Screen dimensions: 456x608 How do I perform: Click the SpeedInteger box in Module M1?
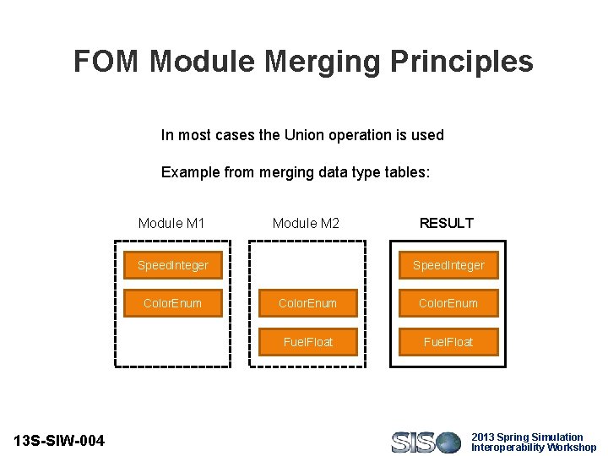point(172,265)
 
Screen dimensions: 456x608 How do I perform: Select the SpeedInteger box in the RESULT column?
point(448,265)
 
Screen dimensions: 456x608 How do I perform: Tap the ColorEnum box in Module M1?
point(172,303)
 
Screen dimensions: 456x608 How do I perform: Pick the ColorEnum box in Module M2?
point(307,303)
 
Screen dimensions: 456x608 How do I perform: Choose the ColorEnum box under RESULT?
point(448,303)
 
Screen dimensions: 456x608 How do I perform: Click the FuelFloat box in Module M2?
point(307,342)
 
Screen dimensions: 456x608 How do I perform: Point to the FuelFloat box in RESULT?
point(448,342)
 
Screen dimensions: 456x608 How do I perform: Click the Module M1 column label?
point(171,224)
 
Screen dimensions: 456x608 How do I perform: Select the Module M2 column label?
point(306,224)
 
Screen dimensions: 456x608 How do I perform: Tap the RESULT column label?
point(447,224)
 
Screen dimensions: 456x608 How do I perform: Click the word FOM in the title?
point(107,62)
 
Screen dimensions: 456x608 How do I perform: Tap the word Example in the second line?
point(191,173)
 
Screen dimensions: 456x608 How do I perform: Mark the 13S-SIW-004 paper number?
point(60,441)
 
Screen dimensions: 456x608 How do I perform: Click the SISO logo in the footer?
point(426,442)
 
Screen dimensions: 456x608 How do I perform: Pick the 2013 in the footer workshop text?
point(484,437)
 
